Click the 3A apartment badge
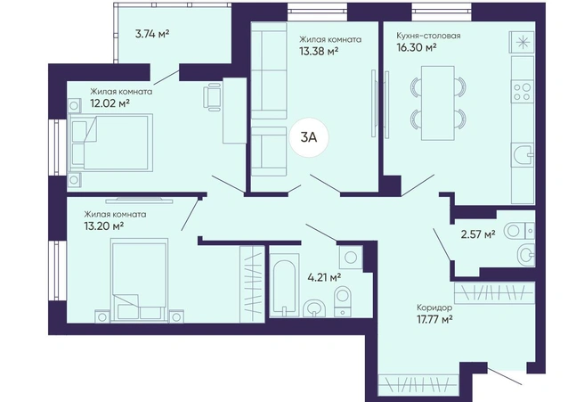point(309,137)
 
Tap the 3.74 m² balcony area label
point(152,34)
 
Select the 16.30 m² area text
point(417,47)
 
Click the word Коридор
point(434,308)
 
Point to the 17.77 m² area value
point(434,320)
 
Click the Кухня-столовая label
point(428,36)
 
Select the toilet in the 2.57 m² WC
point(519,231)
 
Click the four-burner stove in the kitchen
point(523,92)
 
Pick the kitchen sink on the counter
point(523,154)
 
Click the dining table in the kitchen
point(438,103)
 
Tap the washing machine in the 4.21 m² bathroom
point(351,257)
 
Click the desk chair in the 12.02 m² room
point(213,97)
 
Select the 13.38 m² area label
point(319,51)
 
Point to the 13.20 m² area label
point(104,226)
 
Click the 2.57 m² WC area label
point(478,234)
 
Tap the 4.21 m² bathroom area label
point(324,277)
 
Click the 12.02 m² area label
point(109,103)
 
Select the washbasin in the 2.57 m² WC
point(526,255)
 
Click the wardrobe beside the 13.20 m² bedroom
point(252,283)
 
